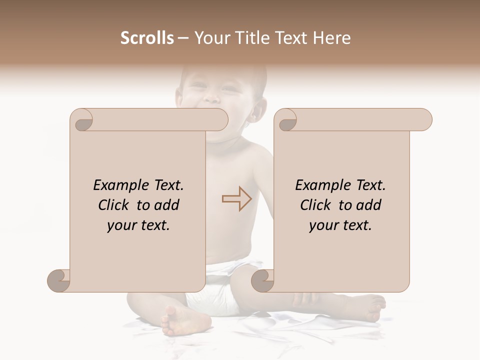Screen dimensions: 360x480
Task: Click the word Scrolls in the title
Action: [147, 38]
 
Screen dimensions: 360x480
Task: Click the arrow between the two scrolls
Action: [237, 198]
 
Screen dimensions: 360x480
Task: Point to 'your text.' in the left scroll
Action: [138, 225]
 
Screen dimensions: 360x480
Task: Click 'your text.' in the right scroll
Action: [340, 225]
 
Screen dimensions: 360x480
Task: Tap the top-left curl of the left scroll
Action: [81, 120]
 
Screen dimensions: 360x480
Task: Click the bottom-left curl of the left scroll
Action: [59, 280]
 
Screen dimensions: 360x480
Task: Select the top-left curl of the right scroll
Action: [286, 120]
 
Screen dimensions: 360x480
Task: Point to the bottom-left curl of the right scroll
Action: [262, 280]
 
